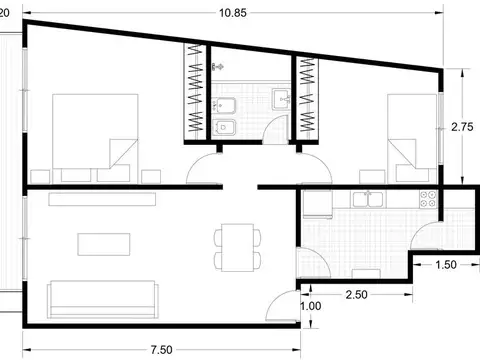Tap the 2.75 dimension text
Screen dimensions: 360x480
point(461,127)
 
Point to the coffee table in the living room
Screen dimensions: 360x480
point(105,243)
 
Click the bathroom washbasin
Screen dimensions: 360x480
point(283,98)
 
